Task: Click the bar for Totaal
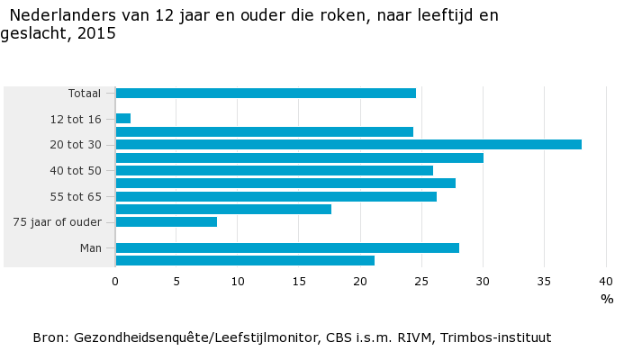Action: click(x=266, y=93)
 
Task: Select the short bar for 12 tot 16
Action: click(x=123, y=119)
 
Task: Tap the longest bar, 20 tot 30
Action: click(x=348, y=144)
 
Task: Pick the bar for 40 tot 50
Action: click(x=275, y=170)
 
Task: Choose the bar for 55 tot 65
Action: click(x=276, y=196)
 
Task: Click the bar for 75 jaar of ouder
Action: click(x=167, y=221)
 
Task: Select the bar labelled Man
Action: click(x=287, y=247)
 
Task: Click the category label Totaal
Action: click(x=85, y=94)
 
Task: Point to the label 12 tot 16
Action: click(x=76, y=119)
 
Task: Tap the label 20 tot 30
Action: click(x=76, y=145)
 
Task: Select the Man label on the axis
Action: click(x=90, y=248)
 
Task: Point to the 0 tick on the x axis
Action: click(x=115, y=282)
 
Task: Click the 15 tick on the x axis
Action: click(x=299, y=282)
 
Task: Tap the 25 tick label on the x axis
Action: click(x=421, y=282)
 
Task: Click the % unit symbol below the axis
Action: click(x=607, y=300)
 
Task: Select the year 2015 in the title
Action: click(x=98, y=33)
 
